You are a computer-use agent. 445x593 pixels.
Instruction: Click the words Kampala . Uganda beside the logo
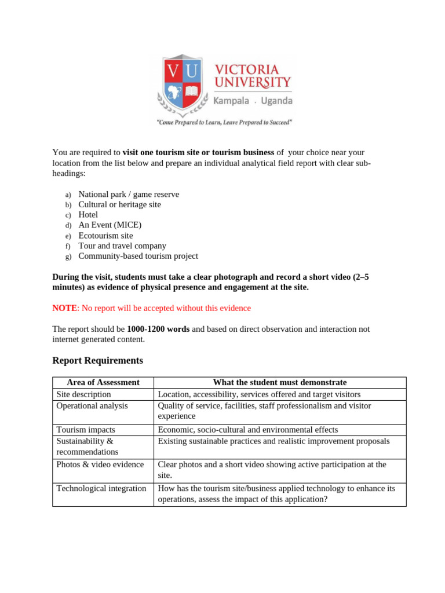[x=253, y=101]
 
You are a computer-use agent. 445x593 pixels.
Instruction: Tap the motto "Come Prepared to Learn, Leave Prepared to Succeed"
[x=225, y=122]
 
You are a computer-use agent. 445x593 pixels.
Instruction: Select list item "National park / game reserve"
[x=129, y=195]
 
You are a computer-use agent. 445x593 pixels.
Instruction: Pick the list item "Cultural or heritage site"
[x=119, y=204]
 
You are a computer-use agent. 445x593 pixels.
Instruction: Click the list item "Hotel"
[x=89, y=215]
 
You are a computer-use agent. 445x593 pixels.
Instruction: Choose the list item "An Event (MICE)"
[x=110, y=225]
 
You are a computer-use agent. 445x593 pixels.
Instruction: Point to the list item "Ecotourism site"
[x=105, y=236]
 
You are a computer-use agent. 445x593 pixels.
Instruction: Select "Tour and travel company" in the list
[x=122, y=246]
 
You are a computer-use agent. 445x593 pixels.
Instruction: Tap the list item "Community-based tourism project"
[x=138, y=256]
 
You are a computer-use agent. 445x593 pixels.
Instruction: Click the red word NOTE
[x=64, y=308]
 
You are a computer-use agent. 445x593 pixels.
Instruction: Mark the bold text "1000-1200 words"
[x=158, y=329]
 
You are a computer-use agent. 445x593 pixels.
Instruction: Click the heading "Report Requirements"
[x=97, y=360]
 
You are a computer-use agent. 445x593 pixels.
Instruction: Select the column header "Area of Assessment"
[x=103, y=382]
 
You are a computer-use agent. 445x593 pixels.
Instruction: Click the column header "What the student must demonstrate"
[x=280, y=382]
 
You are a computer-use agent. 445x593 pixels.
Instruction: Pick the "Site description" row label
[x=83, y=394]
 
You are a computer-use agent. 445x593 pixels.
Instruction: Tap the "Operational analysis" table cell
[x=92, y=405]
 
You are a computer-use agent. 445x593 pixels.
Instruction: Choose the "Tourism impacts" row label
[x=85, y=430]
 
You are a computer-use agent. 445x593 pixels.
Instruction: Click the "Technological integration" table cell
[x=101, y=488]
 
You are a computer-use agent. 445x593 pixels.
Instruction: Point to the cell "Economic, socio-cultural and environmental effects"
[x=247, y=430]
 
